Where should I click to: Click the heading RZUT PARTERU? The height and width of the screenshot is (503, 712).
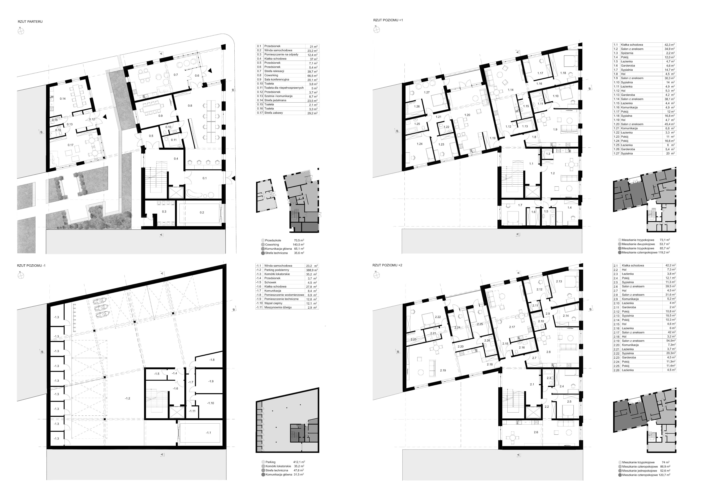30,22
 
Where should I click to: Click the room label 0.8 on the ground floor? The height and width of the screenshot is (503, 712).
190,106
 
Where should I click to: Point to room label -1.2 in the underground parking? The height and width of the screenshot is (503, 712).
127,398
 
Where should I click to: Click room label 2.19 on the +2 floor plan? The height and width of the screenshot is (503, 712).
443,370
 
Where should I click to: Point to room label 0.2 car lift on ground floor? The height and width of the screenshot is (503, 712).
202,212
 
